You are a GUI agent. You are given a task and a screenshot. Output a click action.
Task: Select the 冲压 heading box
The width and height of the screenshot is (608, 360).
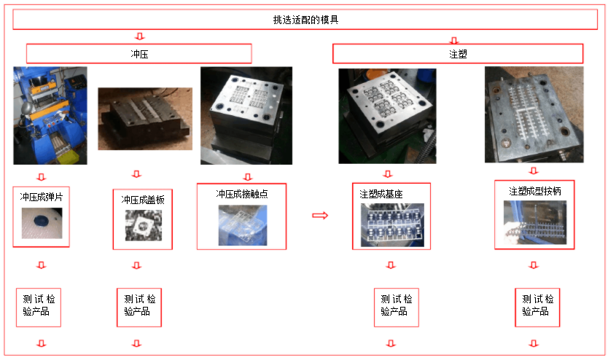(x=139, y=54)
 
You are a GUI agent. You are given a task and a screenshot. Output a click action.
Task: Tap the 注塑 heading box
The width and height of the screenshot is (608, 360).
(x=458, y=54)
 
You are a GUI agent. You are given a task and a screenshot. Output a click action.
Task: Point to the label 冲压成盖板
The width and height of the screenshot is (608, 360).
(x=142, y=199)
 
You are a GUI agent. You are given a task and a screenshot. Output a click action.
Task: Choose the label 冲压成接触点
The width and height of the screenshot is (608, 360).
(x=241, y=194)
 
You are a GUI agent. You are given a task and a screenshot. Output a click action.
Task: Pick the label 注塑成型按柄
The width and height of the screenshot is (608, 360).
(x=534, y=191)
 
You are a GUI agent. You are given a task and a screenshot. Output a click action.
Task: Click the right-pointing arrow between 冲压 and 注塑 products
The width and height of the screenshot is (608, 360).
(x=319, y=215)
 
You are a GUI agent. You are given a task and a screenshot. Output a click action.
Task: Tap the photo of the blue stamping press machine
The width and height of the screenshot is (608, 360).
(x=50, y=115)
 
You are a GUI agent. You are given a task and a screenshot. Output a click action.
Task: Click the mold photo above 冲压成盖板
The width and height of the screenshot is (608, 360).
(x=144, y=119)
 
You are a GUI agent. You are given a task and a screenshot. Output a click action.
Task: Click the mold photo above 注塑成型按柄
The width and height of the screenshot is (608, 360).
(x=534, y=114)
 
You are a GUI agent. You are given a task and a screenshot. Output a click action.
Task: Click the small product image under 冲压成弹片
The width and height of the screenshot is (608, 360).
(x=42, y=223)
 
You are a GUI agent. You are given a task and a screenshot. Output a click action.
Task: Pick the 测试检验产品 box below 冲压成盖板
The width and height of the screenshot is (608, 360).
(x=139, y=306)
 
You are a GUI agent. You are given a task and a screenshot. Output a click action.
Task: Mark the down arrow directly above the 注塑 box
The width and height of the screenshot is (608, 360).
(x=455, y=40)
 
